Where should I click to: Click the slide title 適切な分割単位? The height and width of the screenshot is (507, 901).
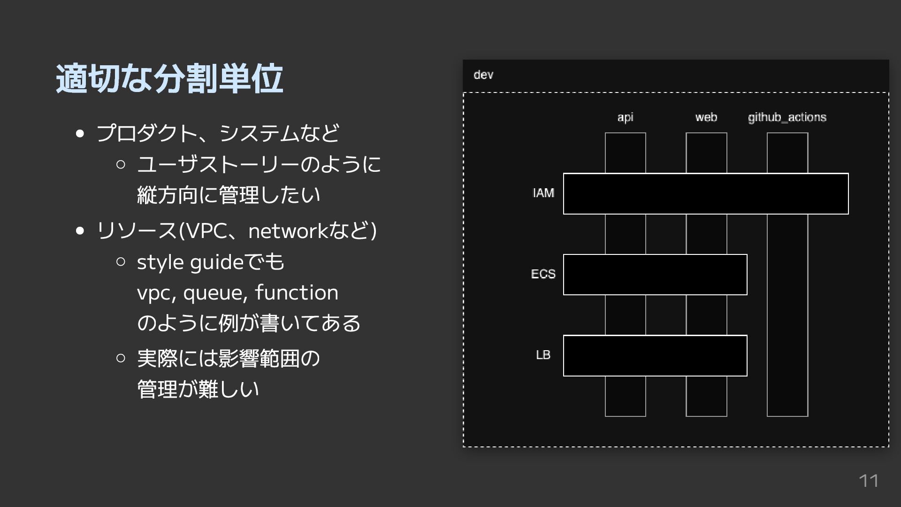169,78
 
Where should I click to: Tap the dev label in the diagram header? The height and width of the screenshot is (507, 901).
483,75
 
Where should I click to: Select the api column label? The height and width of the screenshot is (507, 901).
625,117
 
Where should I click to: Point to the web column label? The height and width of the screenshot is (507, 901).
706,117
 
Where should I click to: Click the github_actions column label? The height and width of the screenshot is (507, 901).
787,117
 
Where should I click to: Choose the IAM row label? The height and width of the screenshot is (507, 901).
543,193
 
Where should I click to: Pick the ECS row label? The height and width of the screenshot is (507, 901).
543,274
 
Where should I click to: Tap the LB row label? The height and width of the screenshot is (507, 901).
543,355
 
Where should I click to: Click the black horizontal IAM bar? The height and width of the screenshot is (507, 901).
706,194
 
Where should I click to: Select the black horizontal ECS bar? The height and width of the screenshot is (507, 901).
655,275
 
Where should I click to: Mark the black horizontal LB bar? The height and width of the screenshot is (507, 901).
655,356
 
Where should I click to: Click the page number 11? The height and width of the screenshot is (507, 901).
869,481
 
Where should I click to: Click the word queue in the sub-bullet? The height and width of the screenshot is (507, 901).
214,293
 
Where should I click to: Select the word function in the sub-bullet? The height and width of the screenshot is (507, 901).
297,293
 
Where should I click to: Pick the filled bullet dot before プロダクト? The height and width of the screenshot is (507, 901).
80,134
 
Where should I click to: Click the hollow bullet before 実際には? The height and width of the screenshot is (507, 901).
121,358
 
